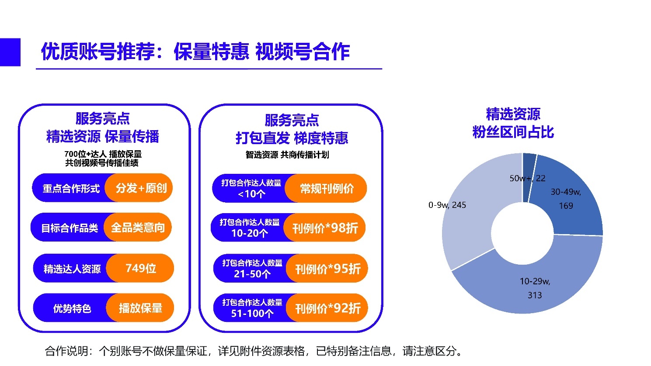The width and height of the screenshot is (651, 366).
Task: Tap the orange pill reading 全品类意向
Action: (138, 228)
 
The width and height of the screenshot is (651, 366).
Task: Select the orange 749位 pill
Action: (141, 268)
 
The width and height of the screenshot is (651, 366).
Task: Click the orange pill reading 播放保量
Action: (141, 308)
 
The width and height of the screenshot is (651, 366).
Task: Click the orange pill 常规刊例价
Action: (327, 189)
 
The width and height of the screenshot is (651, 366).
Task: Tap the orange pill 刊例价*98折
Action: (325, 228)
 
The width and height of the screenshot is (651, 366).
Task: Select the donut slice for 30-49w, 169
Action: (568, 199)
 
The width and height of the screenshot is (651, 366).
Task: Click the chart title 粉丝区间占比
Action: (513, 132)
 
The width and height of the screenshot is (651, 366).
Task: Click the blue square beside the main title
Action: (10, 52)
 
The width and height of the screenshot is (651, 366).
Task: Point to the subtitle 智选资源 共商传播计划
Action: (287, 155)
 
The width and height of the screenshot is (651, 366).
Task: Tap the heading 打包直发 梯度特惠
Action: (292, 138)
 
